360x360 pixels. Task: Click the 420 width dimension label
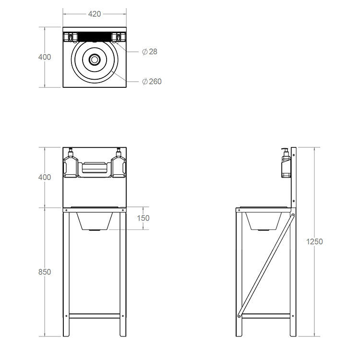click(x=95, y=14)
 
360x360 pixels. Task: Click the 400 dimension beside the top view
click(x=44, y=57)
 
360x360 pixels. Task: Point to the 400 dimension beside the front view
click(x=44, y=177)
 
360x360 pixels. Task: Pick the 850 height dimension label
click(x=44, y=272)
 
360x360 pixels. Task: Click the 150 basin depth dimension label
click(x=143, y=218)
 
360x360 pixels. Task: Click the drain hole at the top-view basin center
click(x=95, y=60)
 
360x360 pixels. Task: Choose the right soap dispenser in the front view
click(x=118, y=164)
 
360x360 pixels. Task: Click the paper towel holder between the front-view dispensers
click(x=94, y=168)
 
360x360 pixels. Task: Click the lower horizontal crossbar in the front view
click(x=95, y=316)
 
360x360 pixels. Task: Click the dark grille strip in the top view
click(x=94, y=36)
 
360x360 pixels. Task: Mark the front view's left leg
click(x=66, y=274)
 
